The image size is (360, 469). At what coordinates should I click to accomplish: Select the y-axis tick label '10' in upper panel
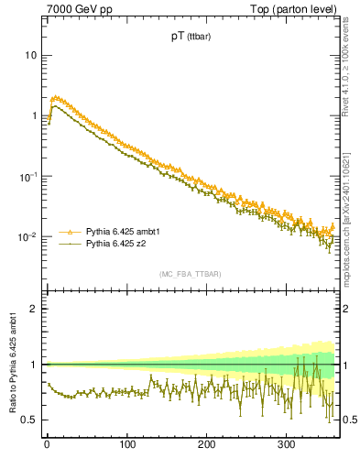29,55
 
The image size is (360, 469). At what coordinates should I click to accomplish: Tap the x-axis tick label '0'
46,445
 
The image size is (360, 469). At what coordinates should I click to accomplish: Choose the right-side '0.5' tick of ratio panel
348,420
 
